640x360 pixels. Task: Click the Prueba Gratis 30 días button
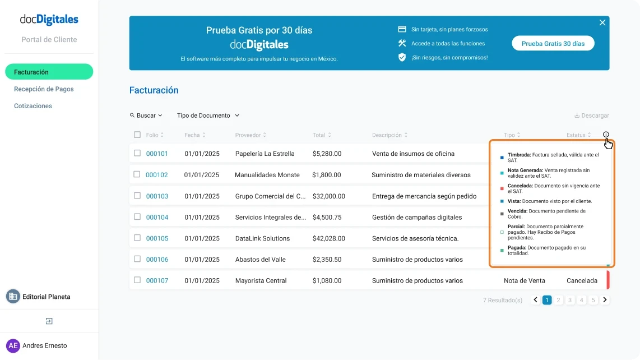click(x=553, y=43)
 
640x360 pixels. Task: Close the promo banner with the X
click(x=602, y=22)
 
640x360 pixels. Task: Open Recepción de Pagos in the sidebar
click(x=44, y=89)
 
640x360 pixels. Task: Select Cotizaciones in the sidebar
click(x=33, y=106)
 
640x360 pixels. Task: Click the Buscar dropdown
click(x=146, y=116)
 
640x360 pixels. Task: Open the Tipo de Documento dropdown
click(x=208, y=116)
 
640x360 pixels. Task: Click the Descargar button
click(x=591, y=116)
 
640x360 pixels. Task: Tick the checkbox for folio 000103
click(x=137, y=196)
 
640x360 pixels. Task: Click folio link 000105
click(x=157, y=238)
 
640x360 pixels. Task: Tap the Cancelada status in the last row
click(x=582, y=280)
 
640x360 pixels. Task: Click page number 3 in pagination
click(x=570, y=300)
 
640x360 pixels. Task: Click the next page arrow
click(x=605, y=300)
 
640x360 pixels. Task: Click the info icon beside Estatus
click(x=606, y=135)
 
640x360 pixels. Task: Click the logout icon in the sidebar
click(x=49, y=321)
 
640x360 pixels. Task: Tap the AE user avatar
click(x=13, y=345)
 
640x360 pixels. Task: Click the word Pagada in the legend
click(x=517, y=247)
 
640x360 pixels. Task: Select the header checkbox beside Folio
click(x=137, y=135)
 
